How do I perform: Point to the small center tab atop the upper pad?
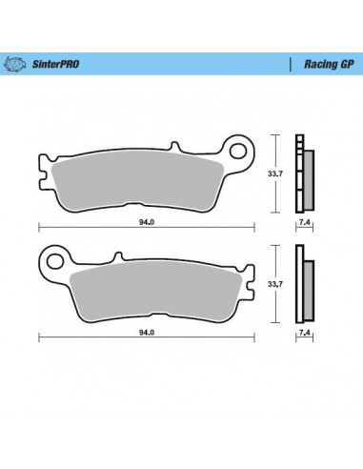click(x=176, y=149)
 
